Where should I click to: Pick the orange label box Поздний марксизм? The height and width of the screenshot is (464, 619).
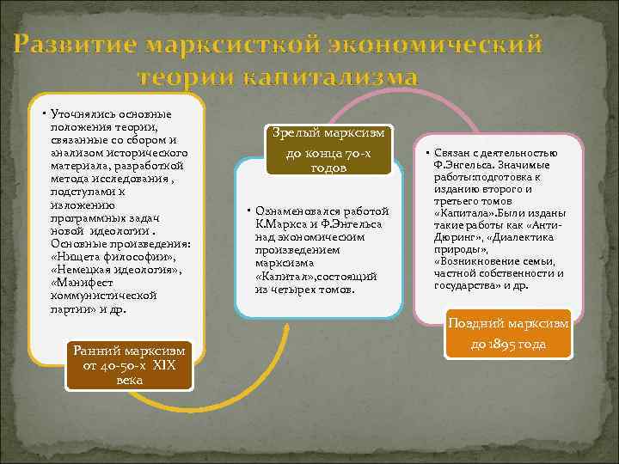coord(508,334)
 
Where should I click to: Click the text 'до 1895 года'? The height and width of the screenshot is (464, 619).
coord(508,345)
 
